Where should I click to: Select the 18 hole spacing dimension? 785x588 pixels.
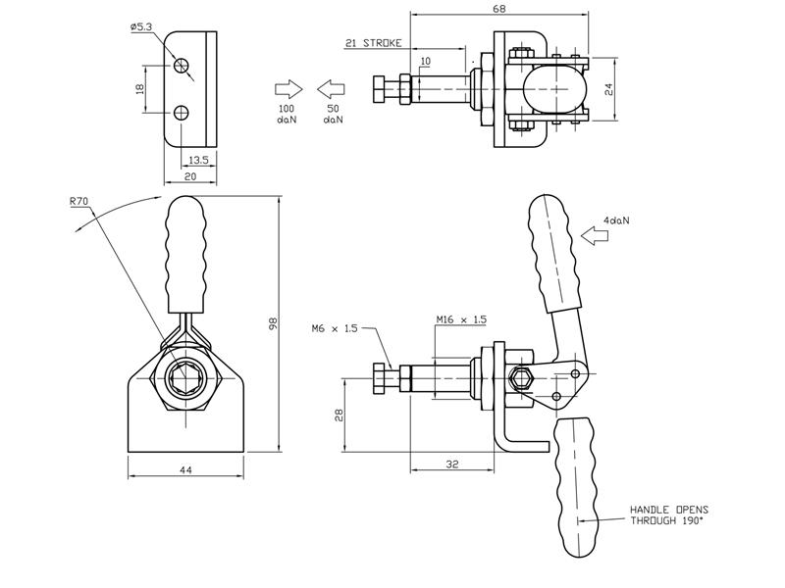click(139, 88)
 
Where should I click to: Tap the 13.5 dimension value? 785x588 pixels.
click(197, 158)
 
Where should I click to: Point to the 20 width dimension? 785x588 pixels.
click(189, 176)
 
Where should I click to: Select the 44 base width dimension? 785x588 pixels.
click(185, 471)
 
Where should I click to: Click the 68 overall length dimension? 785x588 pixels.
click(499, 10)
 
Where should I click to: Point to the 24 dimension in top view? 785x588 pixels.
click(608, 88)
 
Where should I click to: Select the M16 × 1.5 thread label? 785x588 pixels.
click(460, 319)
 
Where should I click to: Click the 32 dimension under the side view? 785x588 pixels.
click(451, 465)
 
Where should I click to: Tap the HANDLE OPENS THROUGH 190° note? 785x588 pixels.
click(668, 515)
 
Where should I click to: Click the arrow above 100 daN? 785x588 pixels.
click(287, 87)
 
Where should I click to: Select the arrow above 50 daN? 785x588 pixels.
click(332, 87)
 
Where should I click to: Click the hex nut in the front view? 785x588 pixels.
click(185, 377)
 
